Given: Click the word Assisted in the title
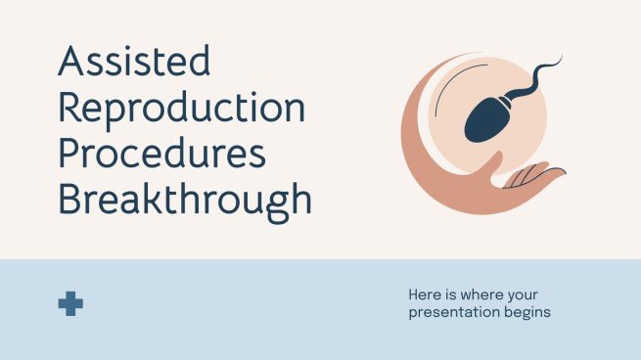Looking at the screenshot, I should [x=135, y=64].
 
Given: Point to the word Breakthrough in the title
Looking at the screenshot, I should [x=185, y=200].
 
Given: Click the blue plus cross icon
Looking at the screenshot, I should [x=70, y=303].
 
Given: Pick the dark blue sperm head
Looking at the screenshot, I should [x=483, y=120].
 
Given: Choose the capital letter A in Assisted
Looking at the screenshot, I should [x=72, y=64].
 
